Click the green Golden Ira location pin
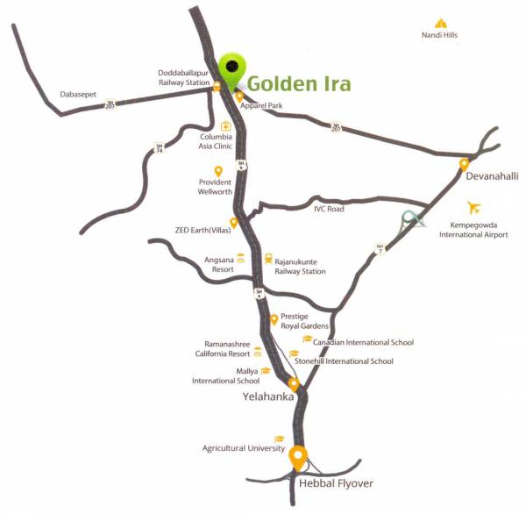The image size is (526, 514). pyautogui.click(x=233, y=68)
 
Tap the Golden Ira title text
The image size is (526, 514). pyautogui.click(x=298, y=84)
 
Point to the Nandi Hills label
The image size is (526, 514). pyautogui.click(x=440, y=35)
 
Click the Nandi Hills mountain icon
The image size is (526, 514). pyautogui.click(x=440, y=23)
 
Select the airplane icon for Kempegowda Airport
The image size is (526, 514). pyautogui.click(x=475, y=208)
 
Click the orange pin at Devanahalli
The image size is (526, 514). pyautogui.click(x=464, y=164)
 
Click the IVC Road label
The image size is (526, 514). pyautogui.click(x=329, y=209)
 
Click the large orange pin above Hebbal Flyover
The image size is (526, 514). pyautogui.click(x=298, y=457)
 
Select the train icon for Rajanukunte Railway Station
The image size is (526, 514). pyautogui.click(x=268, y=259)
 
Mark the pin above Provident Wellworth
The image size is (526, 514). pyautogui.click(x=218, y=171)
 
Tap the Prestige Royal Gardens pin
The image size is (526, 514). pyautogui.click(x=274, y=319)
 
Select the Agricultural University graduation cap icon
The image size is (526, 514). pyautogui.click(x=280, y=439)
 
